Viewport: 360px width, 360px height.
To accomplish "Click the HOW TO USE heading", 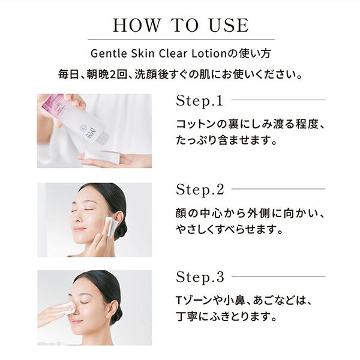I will point(180,25).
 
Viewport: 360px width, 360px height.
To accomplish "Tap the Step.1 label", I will point(199,100).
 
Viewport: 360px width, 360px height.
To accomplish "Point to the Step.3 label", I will point(200,277).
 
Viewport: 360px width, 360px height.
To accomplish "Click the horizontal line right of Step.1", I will point(278,100).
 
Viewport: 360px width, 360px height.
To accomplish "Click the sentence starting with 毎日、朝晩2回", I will point(180,76).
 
